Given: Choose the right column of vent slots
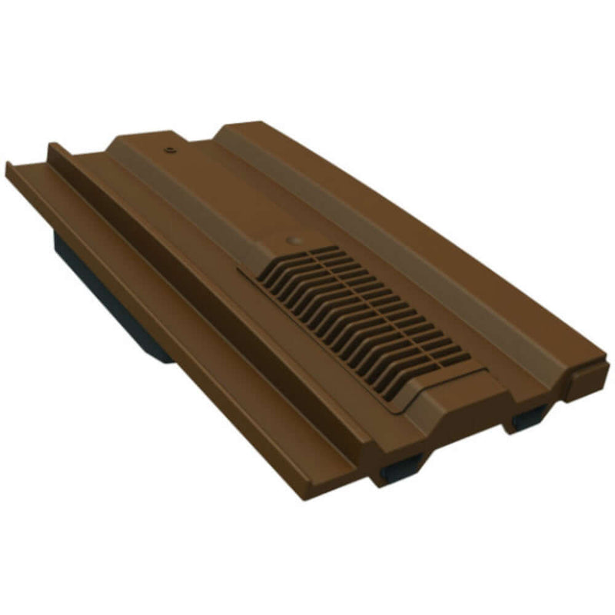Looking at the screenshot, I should [x=400, y=307].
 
